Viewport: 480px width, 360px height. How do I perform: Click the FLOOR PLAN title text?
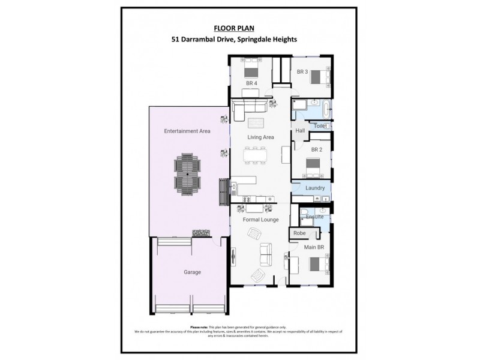(240, 28)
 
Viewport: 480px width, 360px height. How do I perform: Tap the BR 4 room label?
(251, 83)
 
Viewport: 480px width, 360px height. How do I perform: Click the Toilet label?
(320, 126)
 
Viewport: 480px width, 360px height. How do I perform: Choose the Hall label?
(300, 131)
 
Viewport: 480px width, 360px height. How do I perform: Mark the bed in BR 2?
(313, 164)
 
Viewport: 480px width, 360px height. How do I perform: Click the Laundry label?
(315, 188)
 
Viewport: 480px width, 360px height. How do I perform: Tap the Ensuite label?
(316, 217)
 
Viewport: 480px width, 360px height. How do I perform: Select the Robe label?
(299, 233)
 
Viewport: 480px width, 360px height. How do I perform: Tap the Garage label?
(193, 272)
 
